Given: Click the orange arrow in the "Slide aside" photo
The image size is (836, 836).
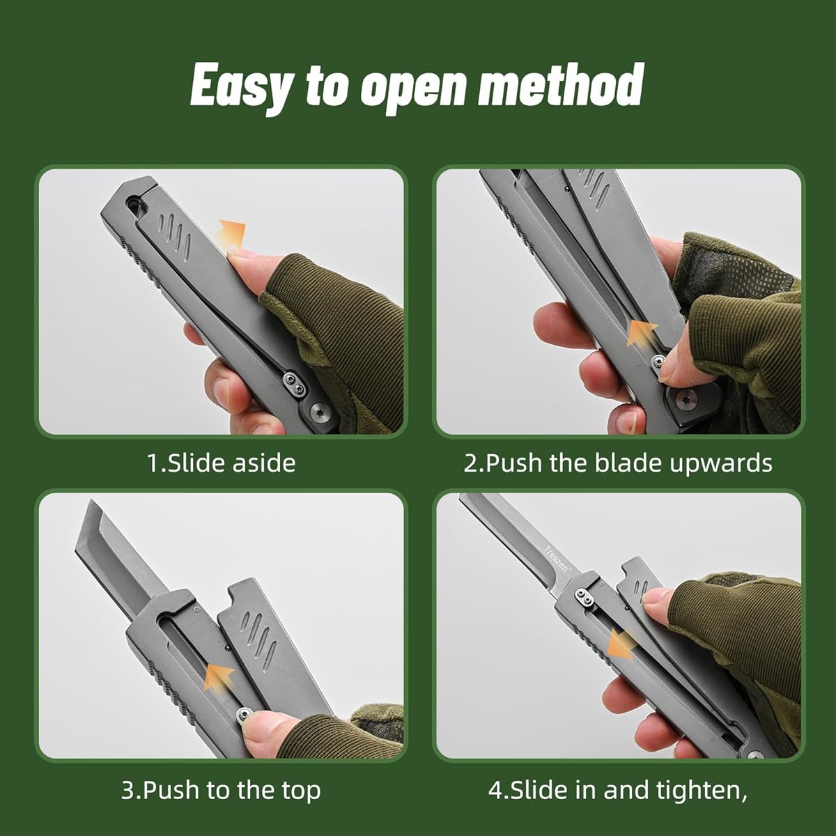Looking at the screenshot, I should [232, 233].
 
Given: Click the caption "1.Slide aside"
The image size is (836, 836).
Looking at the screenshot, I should [222, 463].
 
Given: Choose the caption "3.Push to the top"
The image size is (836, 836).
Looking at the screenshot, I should [221, 791].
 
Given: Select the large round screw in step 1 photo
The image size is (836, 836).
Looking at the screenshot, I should [320, 411].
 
